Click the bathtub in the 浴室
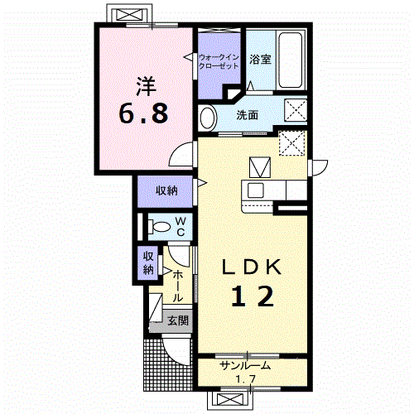point(290,60)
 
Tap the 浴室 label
point(260,60)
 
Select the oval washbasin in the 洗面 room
point(208,118)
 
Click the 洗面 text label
point(247,115)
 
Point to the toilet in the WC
point(159,227)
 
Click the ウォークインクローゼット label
point(219,62)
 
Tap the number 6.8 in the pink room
point(143,113)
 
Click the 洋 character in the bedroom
point(146,86)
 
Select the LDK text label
point(252,267)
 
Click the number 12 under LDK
point(253,296)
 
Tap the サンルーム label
point(245,366)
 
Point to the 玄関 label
point(178,320)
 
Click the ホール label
point(178,286)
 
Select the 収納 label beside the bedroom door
point(166,190)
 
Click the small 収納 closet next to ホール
point(148,263)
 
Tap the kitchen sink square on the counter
point(255,190)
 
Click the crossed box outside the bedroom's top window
point(131,14)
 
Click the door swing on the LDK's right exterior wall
point(320,167)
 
